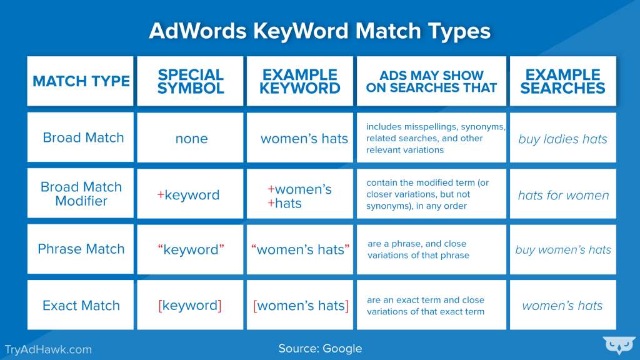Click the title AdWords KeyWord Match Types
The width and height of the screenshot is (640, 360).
pyautogui.click(x=319, y=31)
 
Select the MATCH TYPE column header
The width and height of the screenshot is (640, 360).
pyautogui.click(x=81, y=81)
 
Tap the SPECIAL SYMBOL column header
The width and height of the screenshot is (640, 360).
pyautogui.click(x=191, y=81)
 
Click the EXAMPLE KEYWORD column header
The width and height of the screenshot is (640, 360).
pyautogui.click(x=300, y=81)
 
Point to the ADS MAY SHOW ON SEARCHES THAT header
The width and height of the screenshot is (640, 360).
pyautogui.click(x=431, y=81)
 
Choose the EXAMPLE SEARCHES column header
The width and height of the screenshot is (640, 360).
pyautogui.click(x=562, y=81)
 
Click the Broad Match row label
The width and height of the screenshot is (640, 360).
pyautogui.click(x=83, y=137)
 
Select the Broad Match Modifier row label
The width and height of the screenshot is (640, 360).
pyautogui.click(x=81, y=194)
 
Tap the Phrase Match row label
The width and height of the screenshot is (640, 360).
pyautogui.click(x=81, y=249)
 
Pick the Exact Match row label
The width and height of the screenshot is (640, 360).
pyautogui.click(x=81, y=306)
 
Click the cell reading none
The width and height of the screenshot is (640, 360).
pyautogui.click(x=191, y=139)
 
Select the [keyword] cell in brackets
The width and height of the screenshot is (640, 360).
pyautogui.click(x=190, y=306)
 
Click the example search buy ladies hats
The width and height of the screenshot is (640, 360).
pyautogui.click(x=562, y=139)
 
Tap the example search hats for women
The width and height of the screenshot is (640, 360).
pyautogui.click(x=563, y=196)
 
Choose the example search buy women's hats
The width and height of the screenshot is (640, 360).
pyautogui.click(x=563, y=250)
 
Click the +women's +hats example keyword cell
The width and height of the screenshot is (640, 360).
pyautogui.click(x=300, y=196)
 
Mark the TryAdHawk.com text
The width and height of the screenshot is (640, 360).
pyautogui.click(x=48, y=349)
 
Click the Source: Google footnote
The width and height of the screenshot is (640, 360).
pyautogui.click(x=320, y=349)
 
